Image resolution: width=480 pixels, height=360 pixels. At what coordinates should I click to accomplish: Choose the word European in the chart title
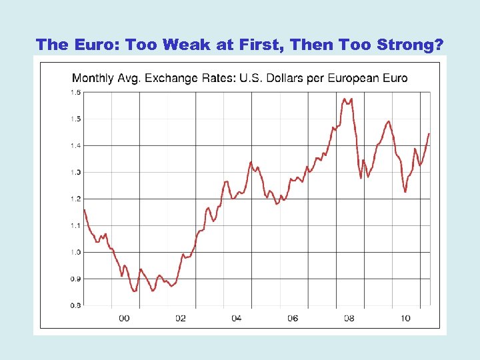point(351,78)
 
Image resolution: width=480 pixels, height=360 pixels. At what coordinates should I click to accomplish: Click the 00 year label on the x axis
point(124,318)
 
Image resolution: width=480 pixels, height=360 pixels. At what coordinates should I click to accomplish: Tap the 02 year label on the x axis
point(180,318)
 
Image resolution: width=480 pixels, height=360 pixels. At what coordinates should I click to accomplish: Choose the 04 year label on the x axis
point(236,318)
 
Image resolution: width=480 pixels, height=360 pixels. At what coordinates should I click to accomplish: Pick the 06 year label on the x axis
point(293,318)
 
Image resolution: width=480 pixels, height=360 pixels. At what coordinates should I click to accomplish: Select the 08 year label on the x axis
point(349,318)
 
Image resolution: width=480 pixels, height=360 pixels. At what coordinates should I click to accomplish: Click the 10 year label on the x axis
point(405,318)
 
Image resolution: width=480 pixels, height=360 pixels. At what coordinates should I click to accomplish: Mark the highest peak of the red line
point(345,99)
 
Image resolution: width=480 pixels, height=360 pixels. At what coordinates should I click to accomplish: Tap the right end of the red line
point(429,134)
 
